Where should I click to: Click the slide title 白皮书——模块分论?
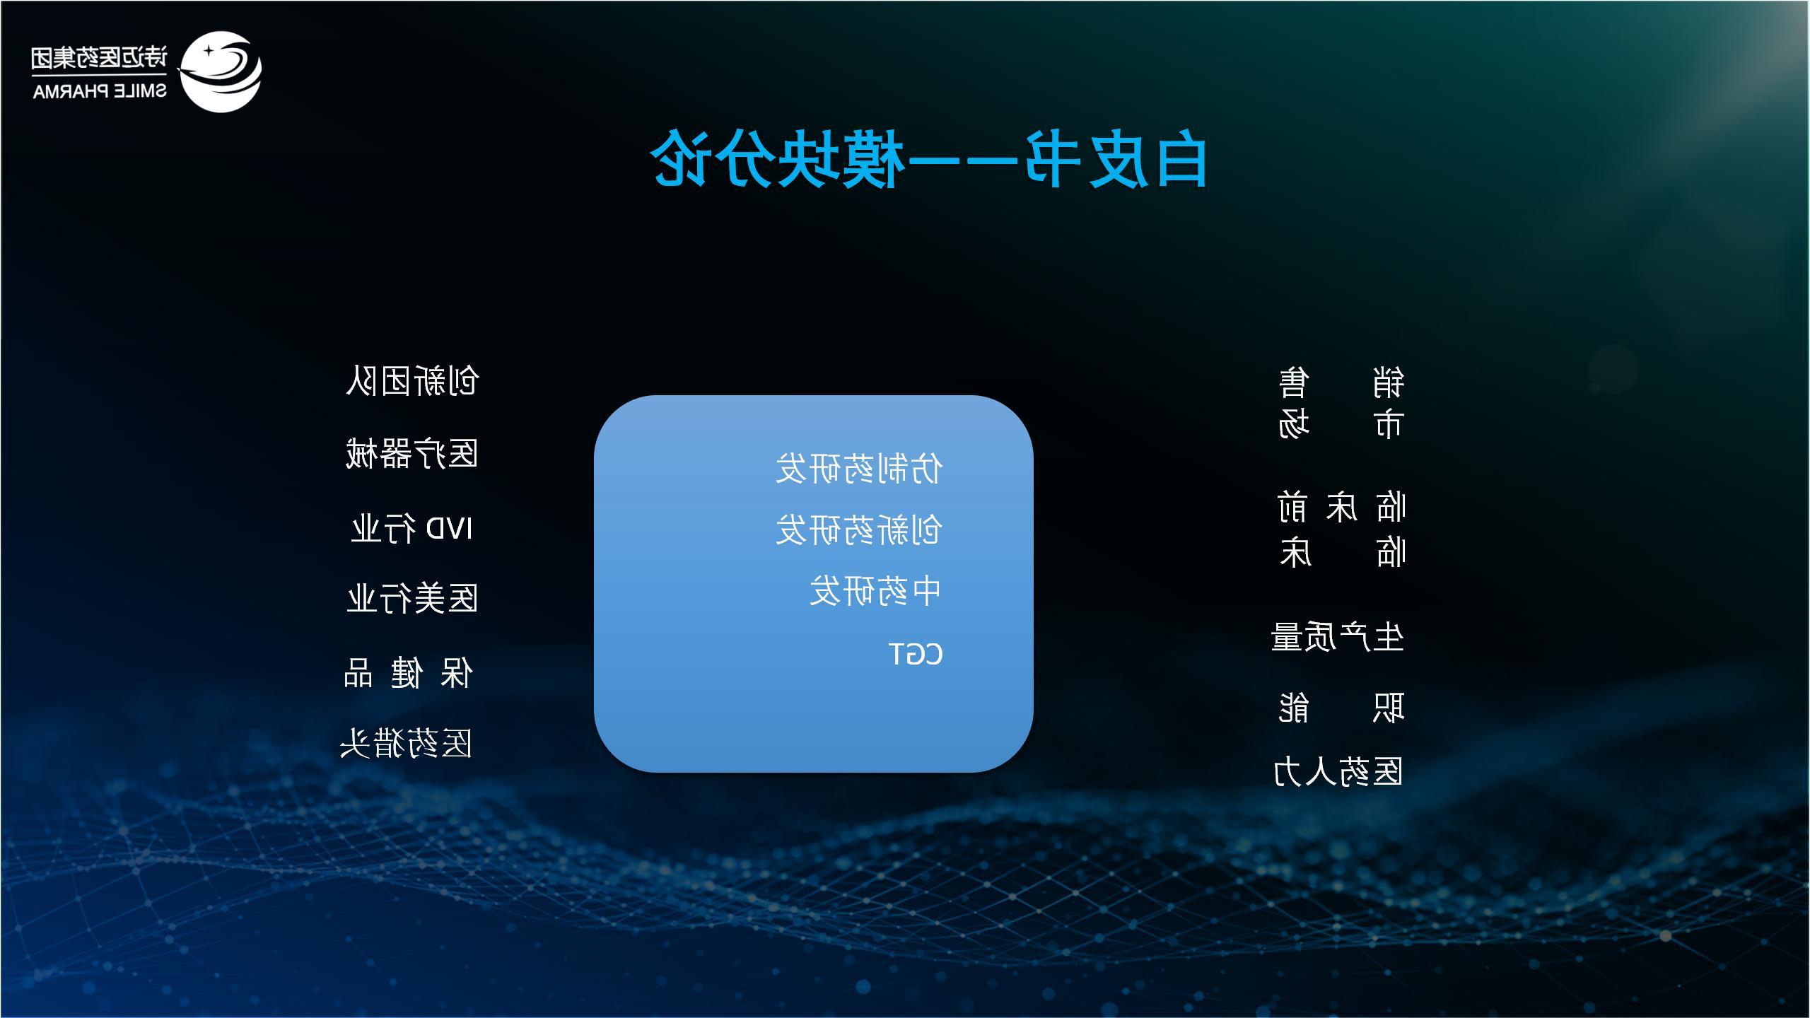[928, 158]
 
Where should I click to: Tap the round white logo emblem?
[220, 71]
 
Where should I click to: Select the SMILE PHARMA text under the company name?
[100, 91]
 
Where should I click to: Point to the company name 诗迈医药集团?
[100, 58]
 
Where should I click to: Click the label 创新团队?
[413, 381]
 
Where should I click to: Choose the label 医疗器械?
[412, 454]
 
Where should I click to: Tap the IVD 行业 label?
[412, 528]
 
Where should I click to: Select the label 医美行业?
[413, 599]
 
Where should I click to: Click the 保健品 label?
[408, 672]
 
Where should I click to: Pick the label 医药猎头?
[406, 744]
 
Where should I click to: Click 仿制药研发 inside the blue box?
[859, 469]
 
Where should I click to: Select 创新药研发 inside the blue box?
[859, 530]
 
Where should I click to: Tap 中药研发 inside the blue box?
[876, 592]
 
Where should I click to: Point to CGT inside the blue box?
[916, 654]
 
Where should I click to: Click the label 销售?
[1342, 382]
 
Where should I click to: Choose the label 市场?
[1341, 424]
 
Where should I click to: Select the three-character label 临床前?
[1342, 508]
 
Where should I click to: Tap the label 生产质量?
[1338, 637]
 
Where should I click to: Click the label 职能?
[1342, 708]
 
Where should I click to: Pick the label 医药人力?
[1338, 771]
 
